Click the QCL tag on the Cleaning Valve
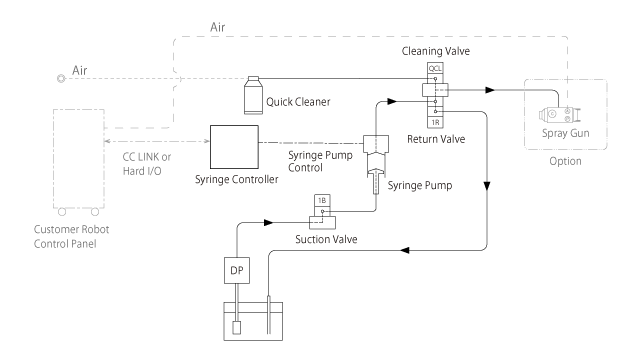(x=435, y=69)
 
